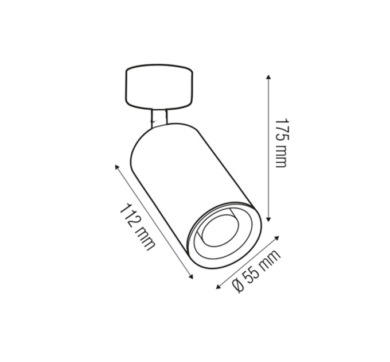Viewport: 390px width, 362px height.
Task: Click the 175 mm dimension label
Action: tap(282, 143)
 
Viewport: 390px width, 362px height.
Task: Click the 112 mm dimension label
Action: tap(137, 227)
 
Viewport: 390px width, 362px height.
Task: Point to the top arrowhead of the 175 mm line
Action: tap(268, 76)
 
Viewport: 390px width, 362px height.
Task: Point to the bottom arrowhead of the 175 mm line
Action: tap(268, 219)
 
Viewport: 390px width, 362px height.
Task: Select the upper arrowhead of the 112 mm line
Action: tap(116, 167)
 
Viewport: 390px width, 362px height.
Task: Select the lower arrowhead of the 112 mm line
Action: tap(191, 276)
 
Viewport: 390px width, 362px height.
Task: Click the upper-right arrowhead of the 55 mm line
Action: tap(277, 237)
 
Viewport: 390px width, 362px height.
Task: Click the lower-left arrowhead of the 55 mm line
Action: tap(219, 287)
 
